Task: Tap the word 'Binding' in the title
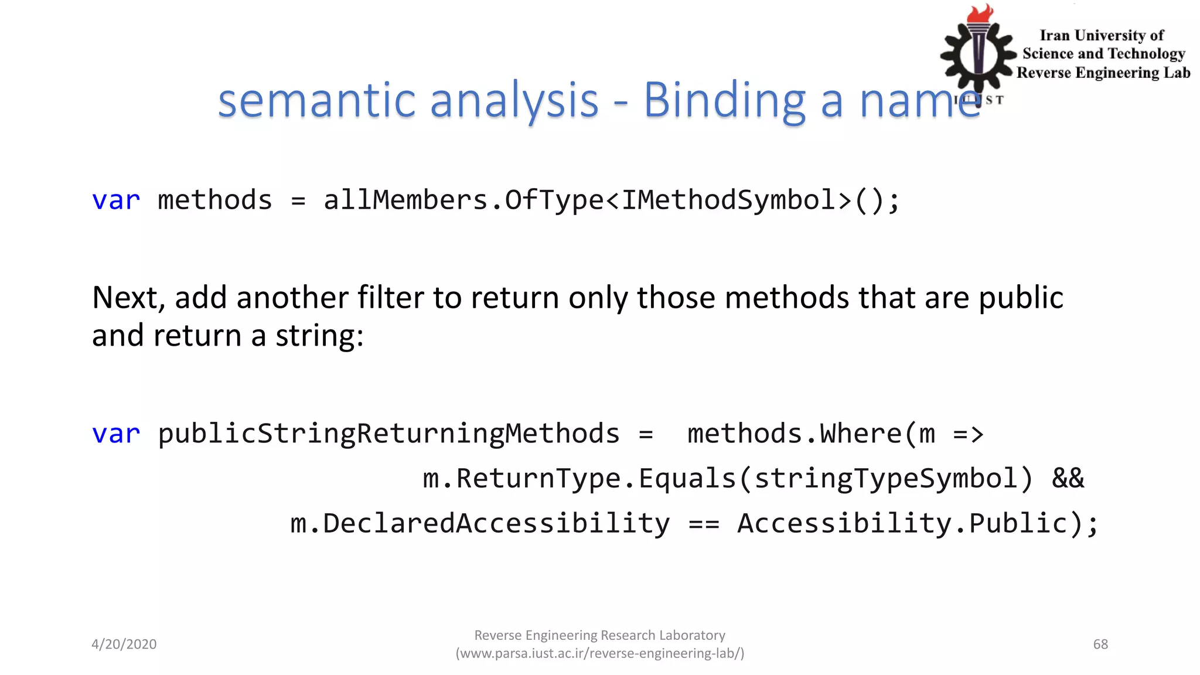[725, 101]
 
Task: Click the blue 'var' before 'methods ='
[116, 200]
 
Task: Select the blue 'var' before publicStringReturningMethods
[116, 434]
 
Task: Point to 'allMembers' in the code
[406, 200]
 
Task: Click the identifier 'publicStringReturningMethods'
[388, 434]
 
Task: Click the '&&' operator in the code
[1068, 479]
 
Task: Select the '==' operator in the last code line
[704, 524]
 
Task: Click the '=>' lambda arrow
[968, 434]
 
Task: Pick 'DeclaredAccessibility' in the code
[496, 524]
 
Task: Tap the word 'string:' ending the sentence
[319, 336]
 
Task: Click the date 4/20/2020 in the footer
[124, 644]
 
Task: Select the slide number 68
[1100, 644]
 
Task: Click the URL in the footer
[600, 653]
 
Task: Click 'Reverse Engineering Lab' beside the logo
[1103, 73]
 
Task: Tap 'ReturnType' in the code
[538, 479]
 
